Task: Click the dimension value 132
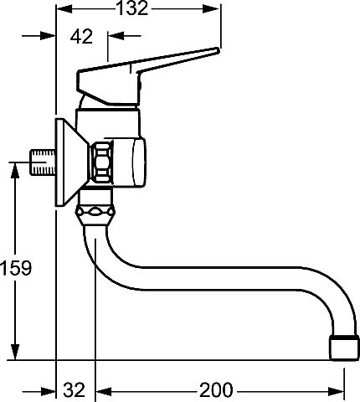click(132, 8)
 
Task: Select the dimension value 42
click(81, 36)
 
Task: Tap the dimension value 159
click(16, 268)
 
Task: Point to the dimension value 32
click(74, 389)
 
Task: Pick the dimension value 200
click(216, 389)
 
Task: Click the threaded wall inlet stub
click(43, 162)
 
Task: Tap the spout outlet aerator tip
click(344, 348)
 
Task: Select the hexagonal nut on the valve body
click(102, 162)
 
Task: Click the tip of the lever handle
click(217, 50)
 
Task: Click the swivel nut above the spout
click(95, 213)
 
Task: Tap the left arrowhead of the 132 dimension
click(64, 9)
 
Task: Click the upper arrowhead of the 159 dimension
click(15, 170)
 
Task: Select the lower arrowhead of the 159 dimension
click(15, 352)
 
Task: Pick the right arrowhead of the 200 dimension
click(336, 392)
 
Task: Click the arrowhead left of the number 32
click(48, 392)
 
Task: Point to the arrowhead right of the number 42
click(116, 36)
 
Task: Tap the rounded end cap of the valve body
click(139, 162)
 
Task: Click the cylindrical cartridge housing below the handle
click(108, 123)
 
